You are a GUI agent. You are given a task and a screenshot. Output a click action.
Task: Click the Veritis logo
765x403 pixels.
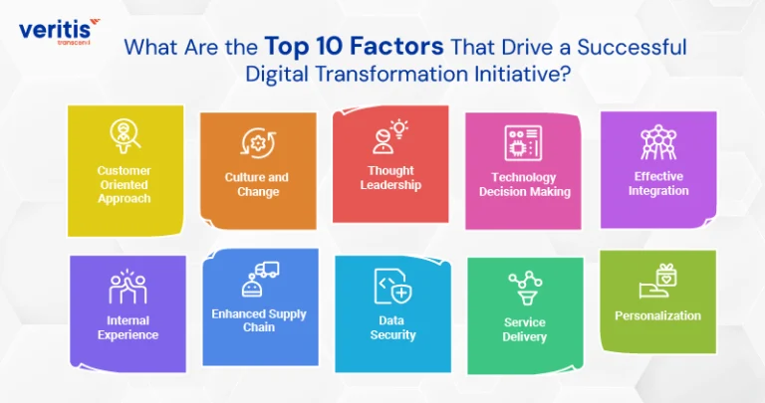(59, 31)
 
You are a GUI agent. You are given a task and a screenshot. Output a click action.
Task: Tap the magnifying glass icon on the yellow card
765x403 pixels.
(125, 136)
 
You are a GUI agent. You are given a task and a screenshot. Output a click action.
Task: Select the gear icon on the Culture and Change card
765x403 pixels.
(258, 142)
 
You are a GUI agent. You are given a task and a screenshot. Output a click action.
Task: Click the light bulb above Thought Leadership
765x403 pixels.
(399, 128)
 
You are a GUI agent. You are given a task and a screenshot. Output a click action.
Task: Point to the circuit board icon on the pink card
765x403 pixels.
(523, 143)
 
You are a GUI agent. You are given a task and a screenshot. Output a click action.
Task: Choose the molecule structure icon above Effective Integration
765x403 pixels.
(658, 142)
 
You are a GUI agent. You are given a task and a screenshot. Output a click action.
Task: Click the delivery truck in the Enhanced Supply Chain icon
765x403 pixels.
(267, 270)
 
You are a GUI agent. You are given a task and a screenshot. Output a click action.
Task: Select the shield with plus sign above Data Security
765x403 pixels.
(401, 293)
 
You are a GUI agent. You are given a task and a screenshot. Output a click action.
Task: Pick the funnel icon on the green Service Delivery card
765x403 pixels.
(526, 297)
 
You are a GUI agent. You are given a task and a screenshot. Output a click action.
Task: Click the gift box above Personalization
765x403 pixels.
(666, 275)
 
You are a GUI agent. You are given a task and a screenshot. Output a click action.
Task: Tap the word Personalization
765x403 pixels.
(657, 315)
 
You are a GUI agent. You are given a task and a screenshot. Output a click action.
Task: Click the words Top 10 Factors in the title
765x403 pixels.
(355, 47)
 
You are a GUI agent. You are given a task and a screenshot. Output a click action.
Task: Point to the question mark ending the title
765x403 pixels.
(565, 74)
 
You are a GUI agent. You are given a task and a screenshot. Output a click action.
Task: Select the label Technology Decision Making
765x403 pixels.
(525, 184)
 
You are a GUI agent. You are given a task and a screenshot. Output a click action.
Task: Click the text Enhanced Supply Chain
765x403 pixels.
(259, 320)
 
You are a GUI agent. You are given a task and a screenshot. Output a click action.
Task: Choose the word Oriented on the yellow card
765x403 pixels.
(124, 185)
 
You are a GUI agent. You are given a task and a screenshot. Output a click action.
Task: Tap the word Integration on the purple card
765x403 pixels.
(658, 190)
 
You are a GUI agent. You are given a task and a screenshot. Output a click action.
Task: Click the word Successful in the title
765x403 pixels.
(632, 47)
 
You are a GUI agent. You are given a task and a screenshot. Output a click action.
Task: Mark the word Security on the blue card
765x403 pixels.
(392, 334)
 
